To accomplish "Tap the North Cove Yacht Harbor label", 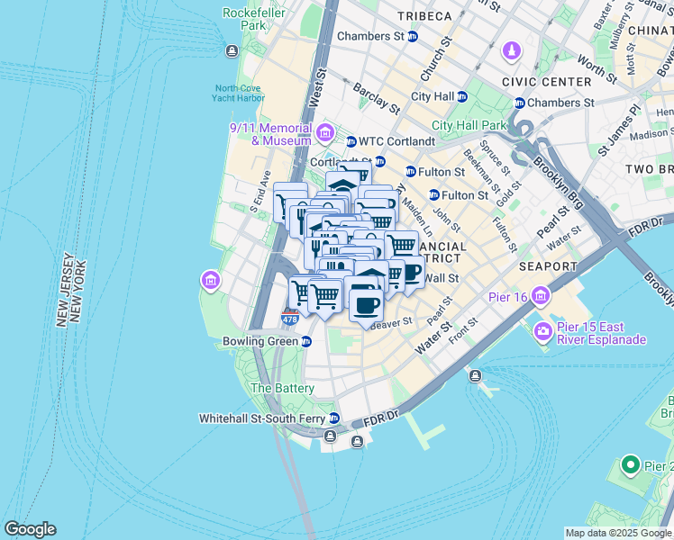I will click(x=240, y=94).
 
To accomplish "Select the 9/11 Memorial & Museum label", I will click(x=269, y=134).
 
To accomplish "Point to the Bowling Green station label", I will click(x=260, y=341).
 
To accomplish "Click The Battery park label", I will click(x=282, y=388).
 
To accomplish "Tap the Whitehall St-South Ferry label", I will click(x=262, y=418).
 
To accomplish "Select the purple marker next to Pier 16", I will click(x=540, y=294).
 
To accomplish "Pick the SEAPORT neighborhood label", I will click(x=547, y=267).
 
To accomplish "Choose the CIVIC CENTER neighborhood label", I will click(x=553, y=82).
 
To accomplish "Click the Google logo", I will click(x=30, y=529).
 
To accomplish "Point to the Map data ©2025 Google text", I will click(x=617, y=533).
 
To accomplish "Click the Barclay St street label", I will click(x=377, y=98).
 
